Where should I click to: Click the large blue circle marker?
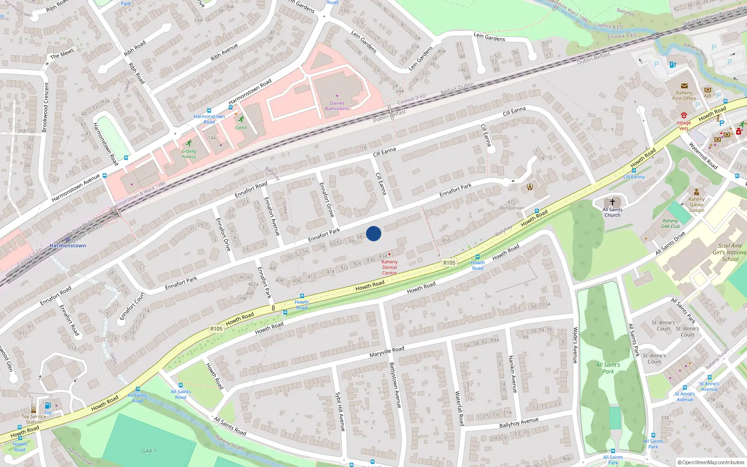tap(373, 233)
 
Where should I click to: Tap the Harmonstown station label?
tap(68, 246)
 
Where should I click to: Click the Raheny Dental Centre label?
tap(389, 268)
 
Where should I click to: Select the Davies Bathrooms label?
tap(337, 106)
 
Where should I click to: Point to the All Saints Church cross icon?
tap(613, 202)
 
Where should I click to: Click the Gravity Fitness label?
tap(189, 154)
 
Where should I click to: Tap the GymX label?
tap(241, 127)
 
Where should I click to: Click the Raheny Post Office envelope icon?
tap(684, 86)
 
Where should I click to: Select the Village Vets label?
tap(684, 126)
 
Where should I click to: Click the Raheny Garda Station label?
tap(696, 205)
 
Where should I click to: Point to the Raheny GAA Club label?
tap(670, 224)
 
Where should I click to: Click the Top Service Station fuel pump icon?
tap(47, 406)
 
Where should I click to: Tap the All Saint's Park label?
tap(608, 368)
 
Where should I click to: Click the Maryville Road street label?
tap(387, 352)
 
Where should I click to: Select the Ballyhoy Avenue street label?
tap(519, 423)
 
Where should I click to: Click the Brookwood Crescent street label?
tap(46, 107)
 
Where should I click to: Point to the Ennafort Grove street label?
tap(327, 199)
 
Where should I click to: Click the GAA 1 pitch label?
tap(149, 451)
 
